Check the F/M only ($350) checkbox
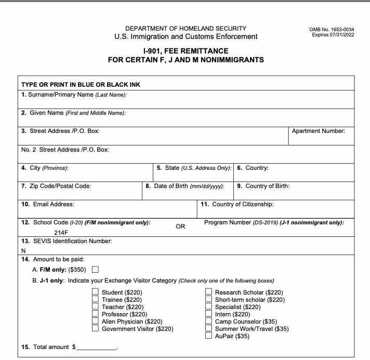click(x=95, y=269)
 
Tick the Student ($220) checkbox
click(x=95, y=292)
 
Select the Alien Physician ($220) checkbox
click(x=95, y=322)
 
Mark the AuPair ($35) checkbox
click(x=208, y=336)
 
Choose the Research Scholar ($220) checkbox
click(x=208, y=292)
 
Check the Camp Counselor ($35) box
click(x=208, y=322)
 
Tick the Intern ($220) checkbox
click(x=208, y=314)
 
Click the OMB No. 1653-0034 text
click(x=332, y=29)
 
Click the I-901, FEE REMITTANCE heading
click(x=186, y=51)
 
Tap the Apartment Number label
click(x=318, y=131)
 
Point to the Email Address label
click(x=48, y=205)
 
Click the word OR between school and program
click(x=180, y=226)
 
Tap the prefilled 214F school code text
click(x=61, y=233)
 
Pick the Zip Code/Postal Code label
click(x=56, y=186)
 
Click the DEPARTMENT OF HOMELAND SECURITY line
click(x=186, y=28)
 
